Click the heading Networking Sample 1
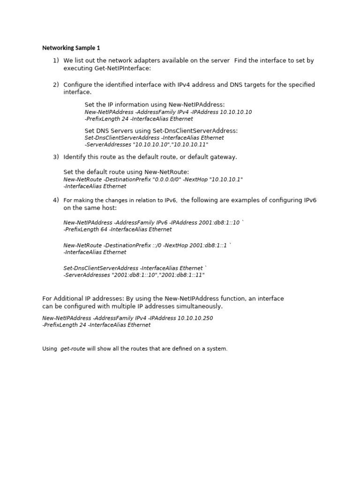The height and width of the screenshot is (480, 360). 71,48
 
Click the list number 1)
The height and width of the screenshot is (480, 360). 56,60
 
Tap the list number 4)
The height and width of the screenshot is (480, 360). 56,200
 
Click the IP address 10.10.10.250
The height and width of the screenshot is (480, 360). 195,318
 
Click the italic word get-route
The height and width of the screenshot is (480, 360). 73,349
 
